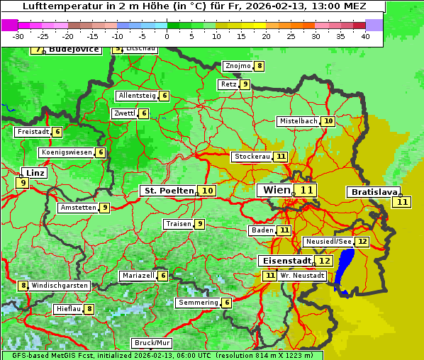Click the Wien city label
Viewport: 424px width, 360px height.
(276, 190)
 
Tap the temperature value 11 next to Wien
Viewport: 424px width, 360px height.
(306, 190)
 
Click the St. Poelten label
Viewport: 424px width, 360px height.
(168, 191)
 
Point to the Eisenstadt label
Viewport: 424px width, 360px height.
(284, 261)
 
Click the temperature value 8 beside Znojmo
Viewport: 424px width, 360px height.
(260, 66)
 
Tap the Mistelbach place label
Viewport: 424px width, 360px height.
(298, 121)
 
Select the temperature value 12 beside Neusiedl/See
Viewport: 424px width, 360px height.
(362, 242)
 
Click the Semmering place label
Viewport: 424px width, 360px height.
(198, 303)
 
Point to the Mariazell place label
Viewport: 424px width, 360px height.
(138, 276)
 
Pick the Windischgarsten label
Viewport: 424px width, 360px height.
(60, 286)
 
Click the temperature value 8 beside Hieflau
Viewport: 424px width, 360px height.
(89, 309)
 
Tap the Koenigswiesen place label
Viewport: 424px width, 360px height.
(67, 152)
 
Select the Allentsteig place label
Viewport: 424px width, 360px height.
(137, 96)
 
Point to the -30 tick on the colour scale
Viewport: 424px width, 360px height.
(19, 36)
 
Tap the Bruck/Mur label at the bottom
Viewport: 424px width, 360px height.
(152, 343)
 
